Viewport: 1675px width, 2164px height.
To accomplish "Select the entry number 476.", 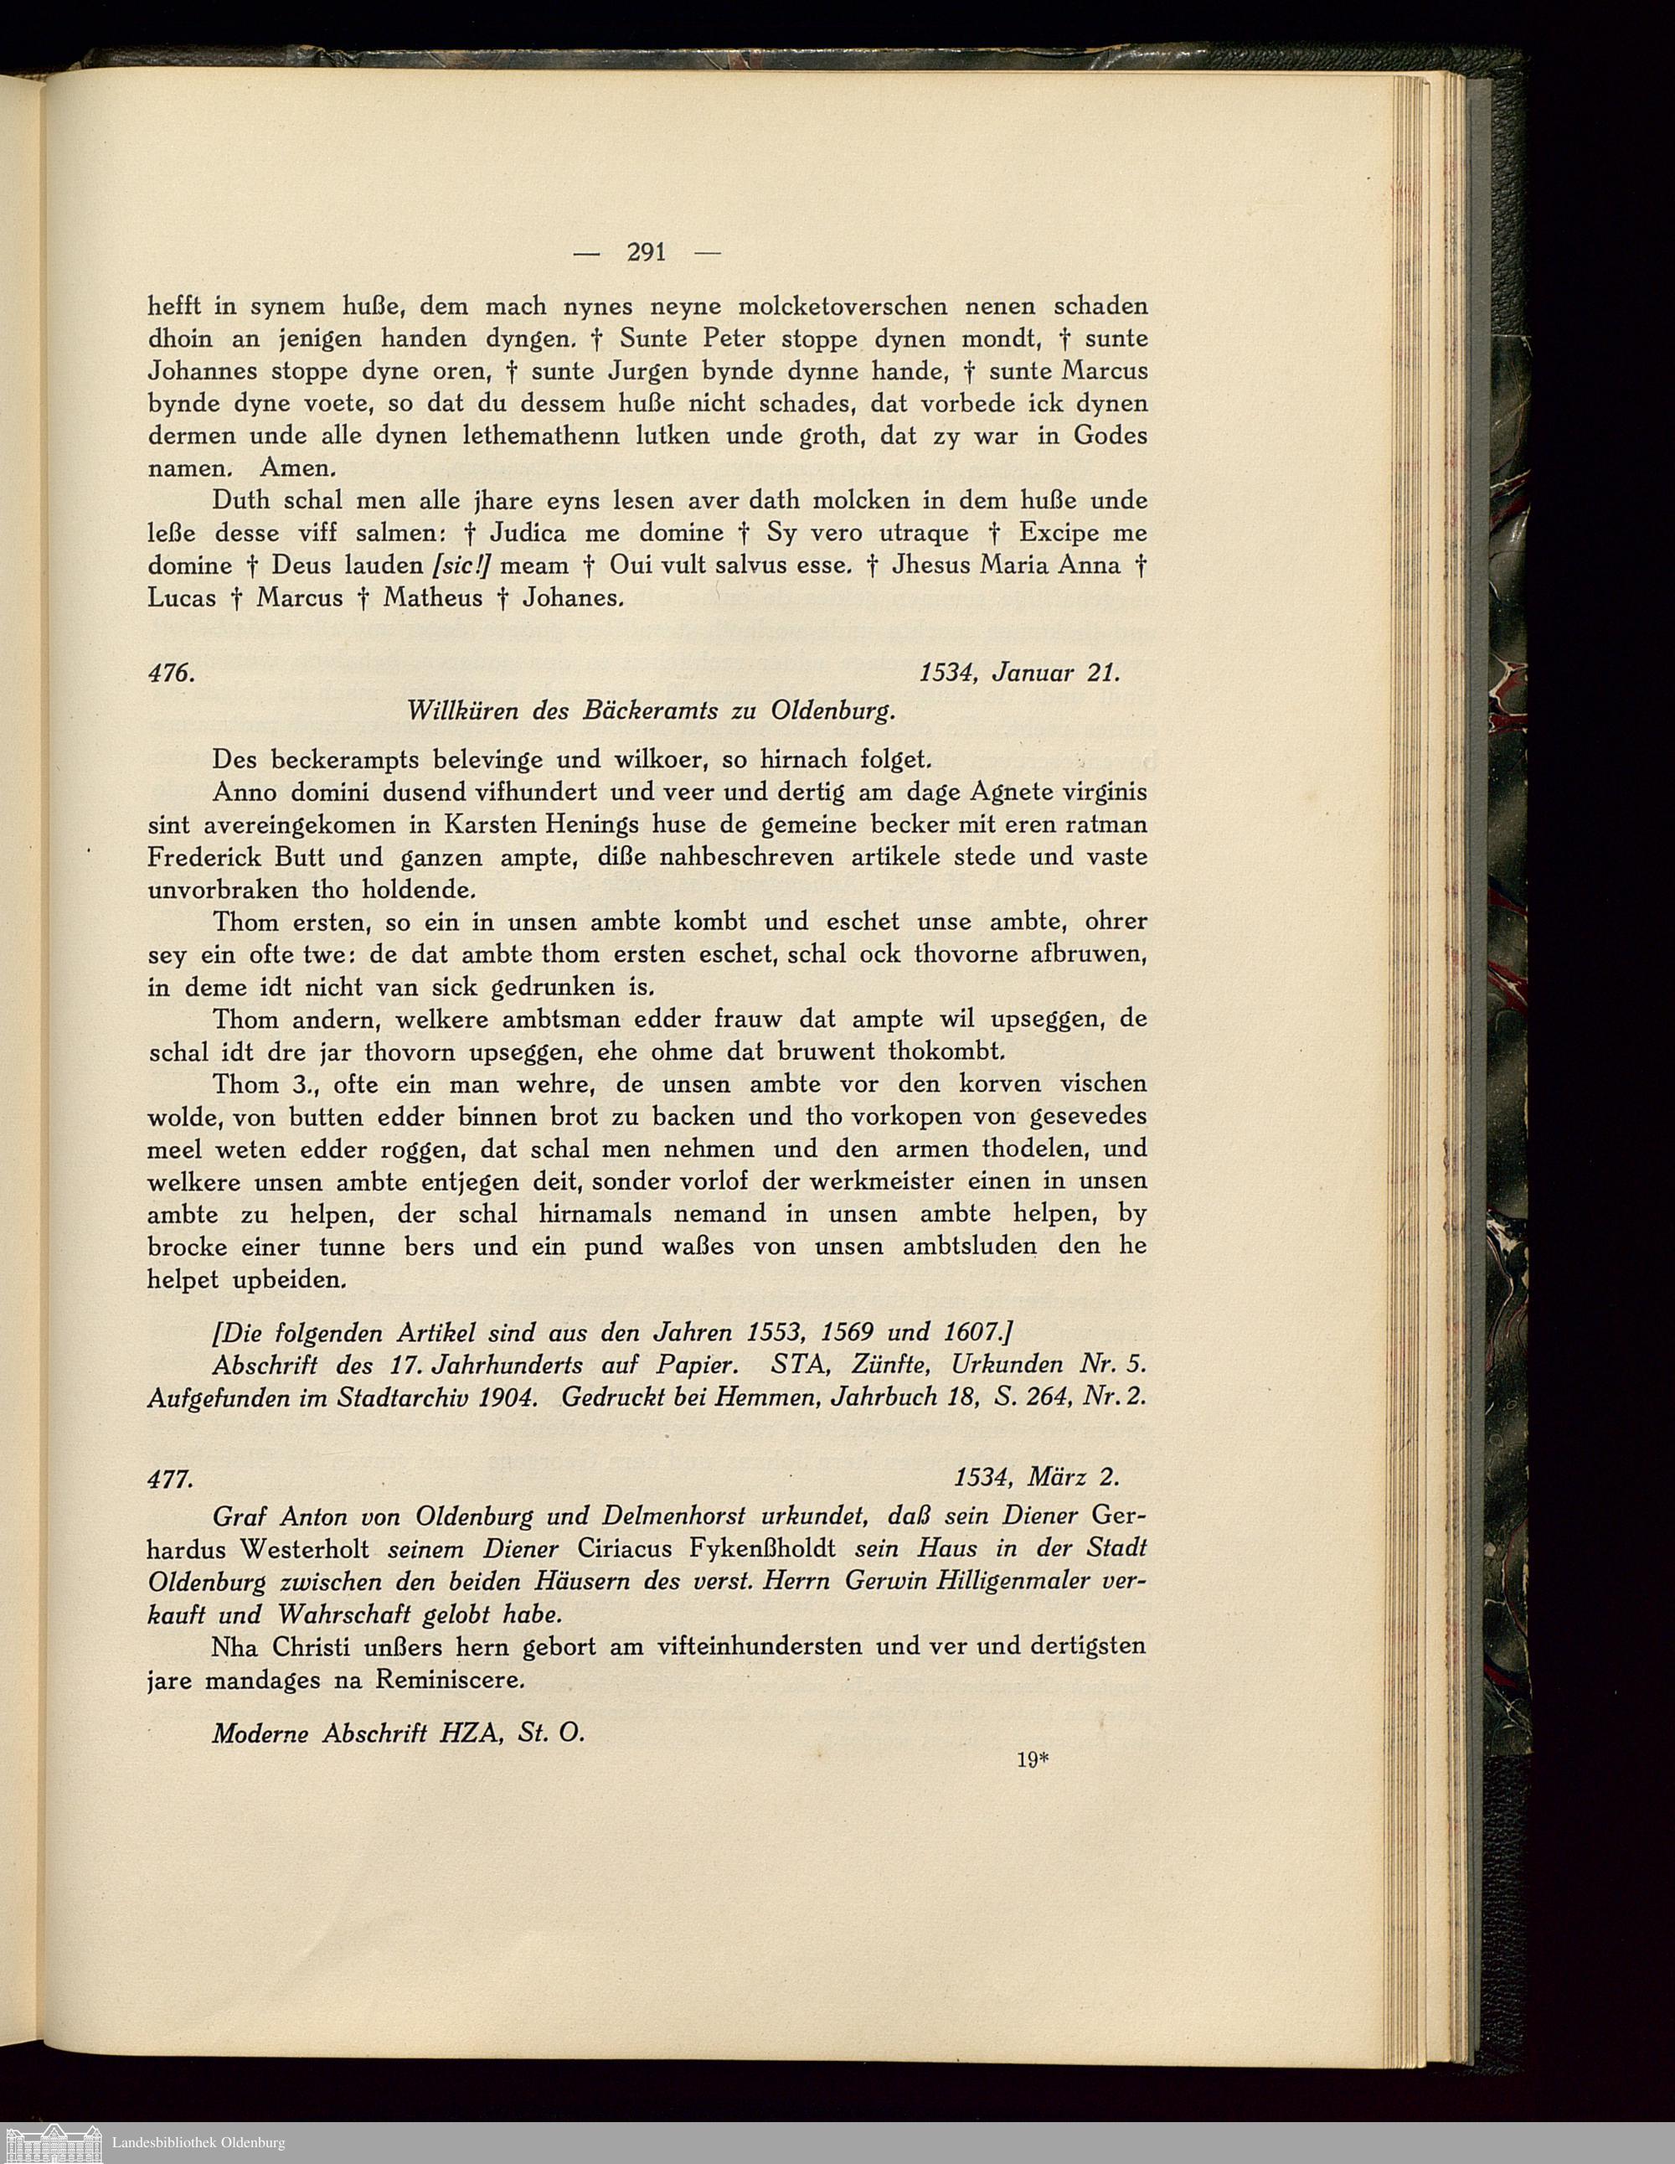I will point(168,673).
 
